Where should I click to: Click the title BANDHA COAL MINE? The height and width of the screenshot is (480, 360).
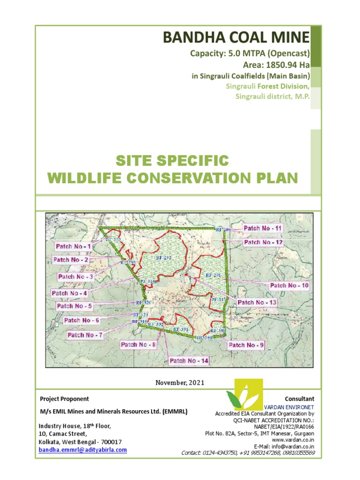236,37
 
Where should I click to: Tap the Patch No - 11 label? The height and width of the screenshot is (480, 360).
263,228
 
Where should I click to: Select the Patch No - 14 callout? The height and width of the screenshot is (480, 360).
189,360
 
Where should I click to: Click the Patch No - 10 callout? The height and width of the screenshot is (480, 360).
289,285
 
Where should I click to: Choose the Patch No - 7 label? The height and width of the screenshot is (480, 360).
85,335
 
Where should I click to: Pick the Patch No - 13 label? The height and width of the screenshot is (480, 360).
257,302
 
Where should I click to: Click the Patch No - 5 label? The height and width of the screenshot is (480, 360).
75,306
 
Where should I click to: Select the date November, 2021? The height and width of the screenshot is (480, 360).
180,382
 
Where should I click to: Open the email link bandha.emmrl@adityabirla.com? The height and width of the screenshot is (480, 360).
82,450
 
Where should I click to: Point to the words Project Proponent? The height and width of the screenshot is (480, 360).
65,399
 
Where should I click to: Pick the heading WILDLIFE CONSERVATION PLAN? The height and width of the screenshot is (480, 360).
172,178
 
